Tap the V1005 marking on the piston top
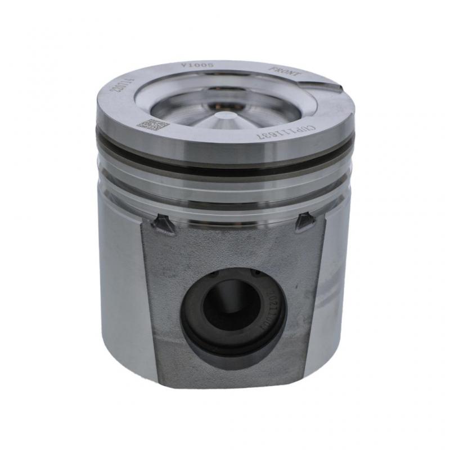click(190, 66)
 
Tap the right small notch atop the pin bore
click(256, 272)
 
